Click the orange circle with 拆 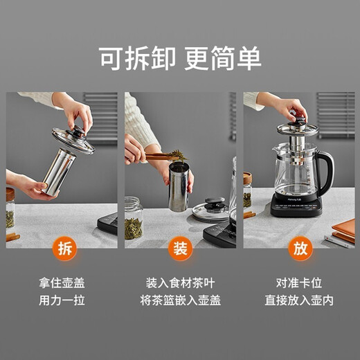coord(64,248)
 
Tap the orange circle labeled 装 coord(180,248)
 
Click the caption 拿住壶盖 coord(63,283)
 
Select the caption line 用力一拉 coord(63,301)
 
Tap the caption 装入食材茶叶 coord(179,283)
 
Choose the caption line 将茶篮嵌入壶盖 coord(179,301)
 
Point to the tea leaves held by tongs coord(174,154)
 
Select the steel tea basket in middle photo coord(179,187)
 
